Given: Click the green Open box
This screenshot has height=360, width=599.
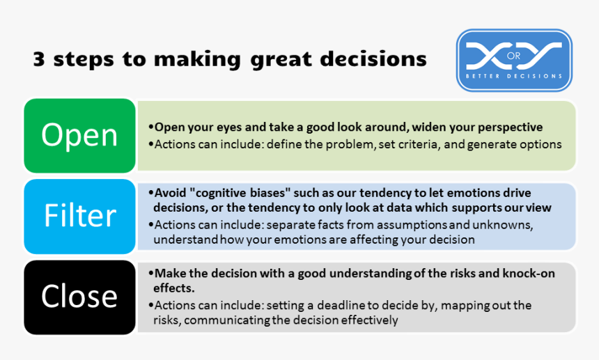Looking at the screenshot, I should [79, 135].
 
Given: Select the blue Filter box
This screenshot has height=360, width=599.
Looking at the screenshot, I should [79, 216].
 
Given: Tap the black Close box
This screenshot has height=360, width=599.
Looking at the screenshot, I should [79, 297].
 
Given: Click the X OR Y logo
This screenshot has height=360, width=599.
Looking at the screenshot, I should [514, 60].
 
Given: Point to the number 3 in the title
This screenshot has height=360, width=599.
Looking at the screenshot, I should [40, 59].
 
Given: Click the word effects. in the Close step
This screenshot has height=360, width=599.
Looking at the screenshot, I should [174, 287].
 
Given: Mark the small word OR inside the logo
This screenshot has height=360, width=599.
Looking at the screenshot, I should [514, 55].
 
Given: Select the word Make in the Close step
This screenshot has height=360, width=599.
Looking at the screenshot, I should [169, 274].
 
